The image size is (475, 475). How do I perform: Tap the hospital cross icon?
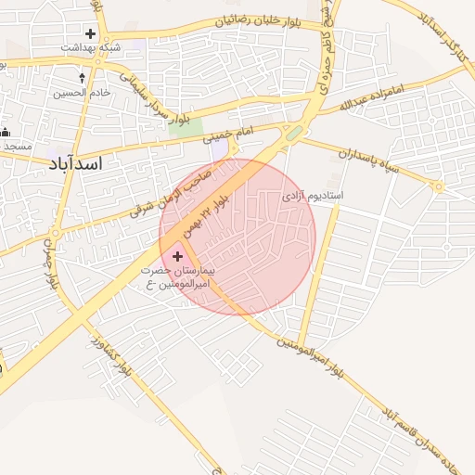pyautogui.click(x=177, y=254)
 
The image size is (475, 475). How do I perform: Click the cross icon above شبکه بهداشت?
pyautogui.click(x=90, y=33)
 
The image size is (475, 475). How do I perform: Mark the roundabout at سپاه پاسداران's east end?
pyautogui.click(x=438, y=186)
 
